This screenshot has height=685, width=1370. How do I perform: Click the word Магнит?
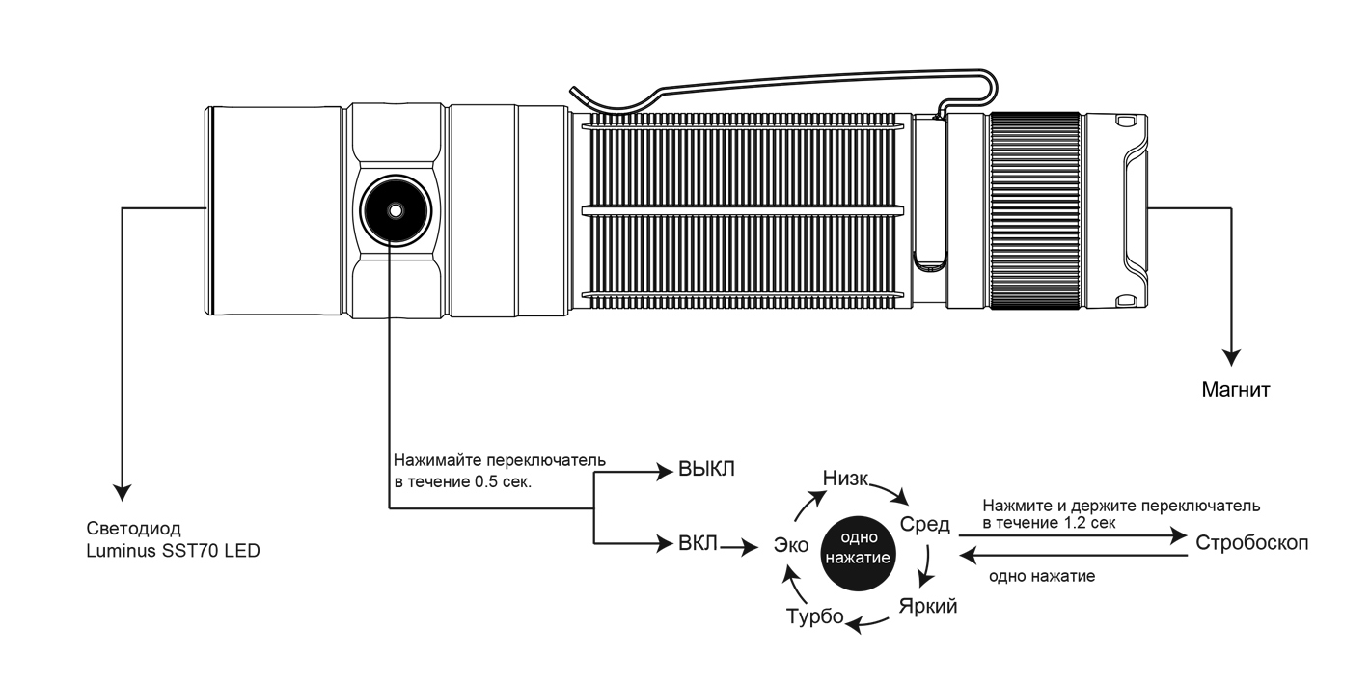click(x=1234, y=391)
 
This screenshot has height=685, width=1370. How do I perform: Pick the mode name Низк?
click(x=847, y=479)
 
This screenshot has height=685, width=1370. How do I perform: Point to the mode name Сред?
click(x=924, y=525)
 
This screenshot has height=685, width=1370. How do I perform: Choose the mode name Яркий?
click(x=928, y=607)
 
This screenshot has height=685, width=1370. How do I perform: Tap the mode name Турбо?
click(x=815, y=617)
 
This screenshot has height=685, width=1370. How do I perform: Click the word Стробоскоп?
click(x=1251, y=541)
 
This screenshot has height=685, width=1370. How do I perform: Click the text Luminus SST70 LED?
click(x=174, y=551)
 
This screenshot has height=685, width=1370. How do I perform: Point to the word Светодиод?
click(x=134, y=529)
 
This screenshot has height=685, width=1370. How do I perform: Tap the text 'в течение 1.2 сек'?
click(x=1049, y=522)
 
